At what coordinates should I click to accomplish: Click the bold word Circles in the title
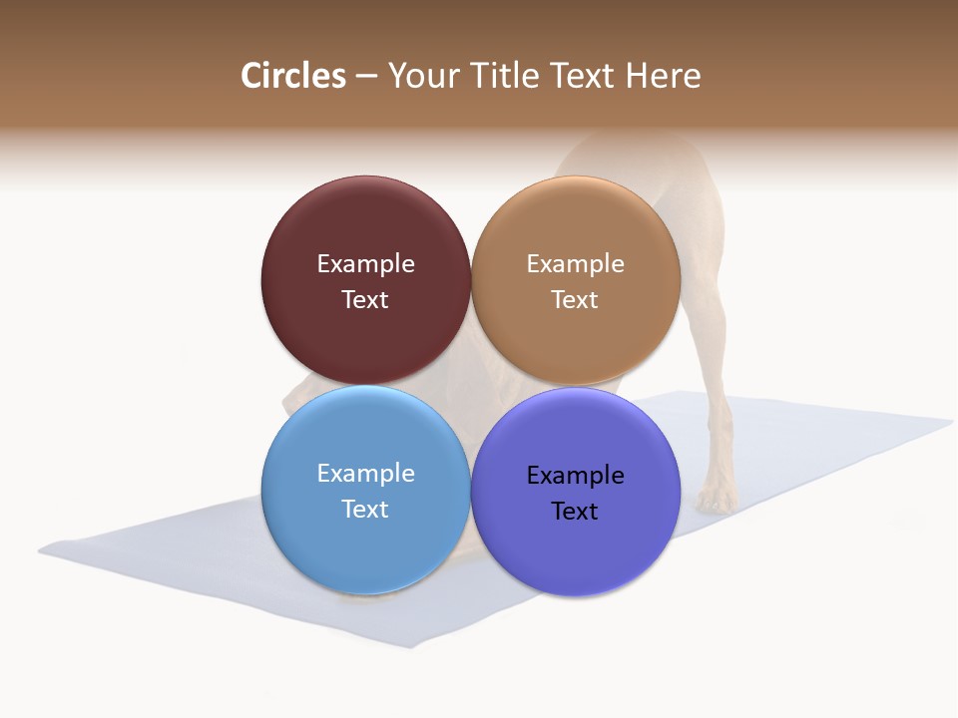coord(292,76)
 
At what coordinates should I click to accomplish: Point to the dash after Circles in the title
coord(366,77)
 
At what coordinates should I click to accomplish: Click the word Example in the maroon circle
coord(365,263)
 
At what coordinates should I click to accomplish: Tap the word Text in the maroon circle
coord(365,299)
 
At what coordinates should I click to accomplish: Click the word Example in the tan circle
coord(575,263)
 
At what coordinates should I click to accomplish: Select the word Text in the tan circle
coord(575,299)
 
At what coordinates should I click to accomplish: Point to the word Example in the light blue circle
coord(365,473)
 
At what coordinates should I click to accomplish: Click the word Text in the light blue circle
coord(365,509)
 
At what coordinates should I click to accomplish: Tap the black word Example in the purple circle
coord(575,475)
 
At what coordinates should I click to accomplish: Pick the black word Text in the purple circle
coord(575,511)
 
